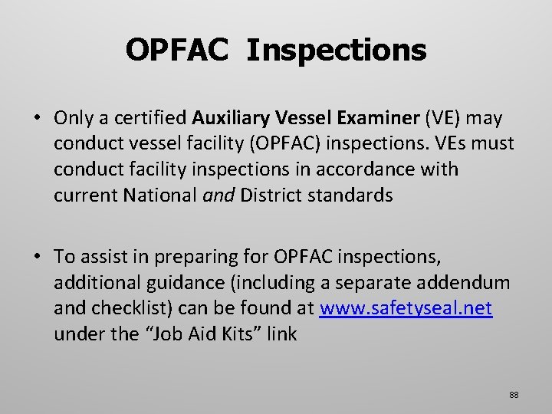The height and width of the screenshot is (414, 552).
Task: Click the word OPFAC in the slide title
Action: (176, 51)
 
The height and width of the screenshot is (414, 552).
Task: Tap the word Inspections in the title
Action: (337, 51)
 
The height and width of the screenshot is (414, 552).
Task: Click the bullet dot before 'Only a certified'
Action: (38, 118)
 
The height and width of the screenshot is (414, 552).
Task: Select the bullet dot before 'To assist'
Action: (38, 257)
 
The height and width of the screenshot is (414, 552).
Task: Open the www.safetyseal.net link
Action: (406, 308)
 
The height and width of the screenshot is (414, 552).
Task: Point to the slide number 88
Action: (513, 394)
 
